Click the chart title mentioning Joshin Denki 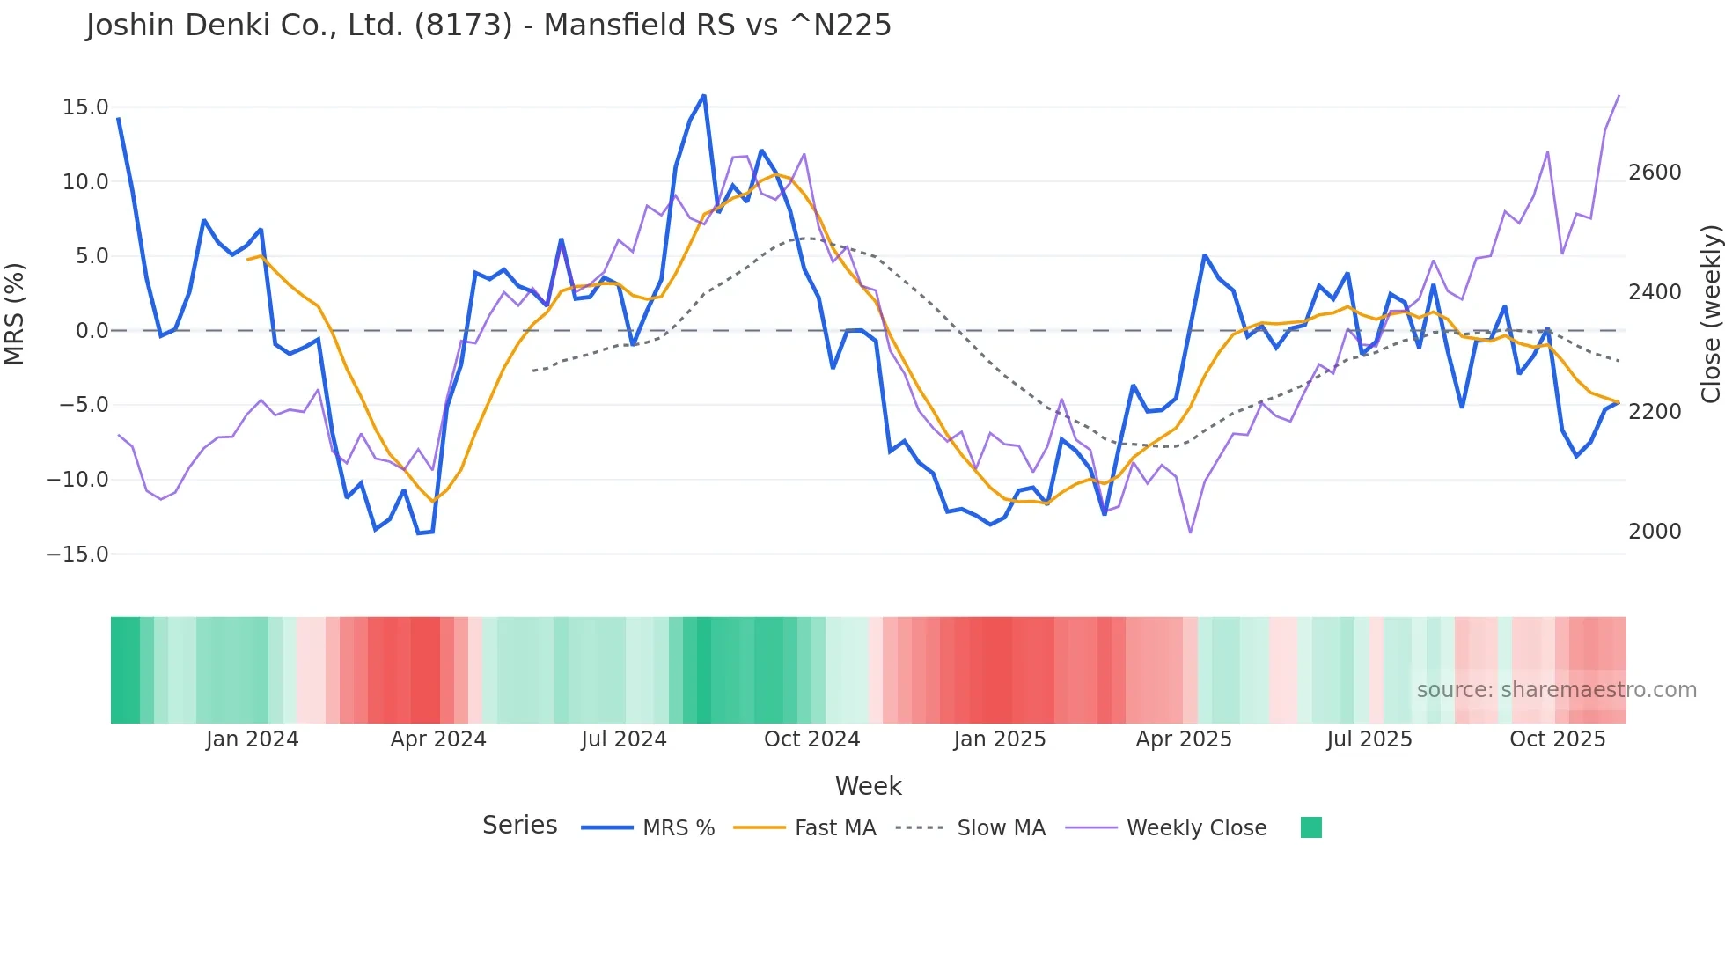tap(488, 26)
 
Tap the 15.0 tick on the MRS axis tap(85, 107)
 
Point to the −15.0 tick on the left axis tap(77, 555)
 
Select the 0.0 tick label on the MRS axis tap(92, 331)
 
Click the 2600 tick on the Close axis tap(1655, 173)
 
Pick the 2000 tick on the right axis tap(1655, 532)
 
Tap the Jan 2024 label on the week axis tap(253, 739)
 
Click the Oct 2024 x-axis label tap(811, 739)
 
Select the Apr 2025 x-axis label tap(1184, 739)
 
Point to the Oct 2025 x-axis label tap(1558, 739)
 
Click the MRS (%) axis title tap(15, 314)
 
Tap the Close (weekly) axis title tap(1710, 314)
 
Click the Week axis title tap(868, 786)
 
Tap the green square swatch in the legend tap(1311, 827)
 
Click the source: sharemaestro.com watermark tap(1556, 690)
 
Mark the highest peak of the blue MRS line tap(704, 95)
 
